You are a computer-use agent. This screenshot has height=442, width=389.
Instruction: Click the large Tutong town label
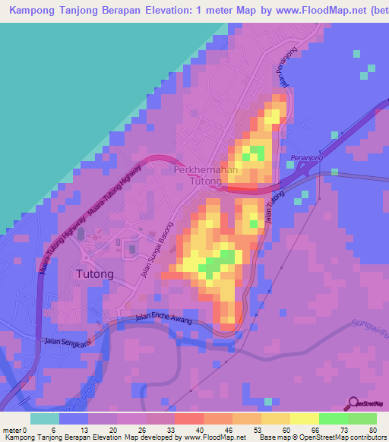96,274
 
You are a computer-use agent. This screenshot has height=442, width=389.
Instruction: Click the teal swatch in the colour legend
45,418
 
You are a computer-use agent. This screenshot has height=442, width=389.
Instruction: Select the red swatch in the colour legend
189,418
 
